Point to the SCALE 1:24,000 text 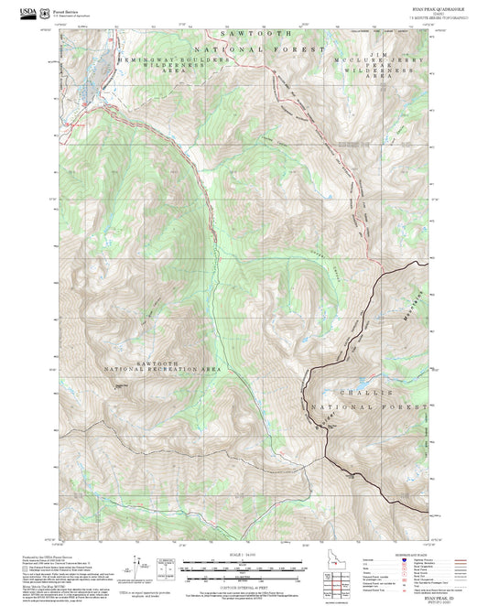pos(244,553)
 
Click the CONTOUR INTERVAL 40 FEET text pos(244,587)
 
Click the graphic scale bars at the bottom pos(244,568)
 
